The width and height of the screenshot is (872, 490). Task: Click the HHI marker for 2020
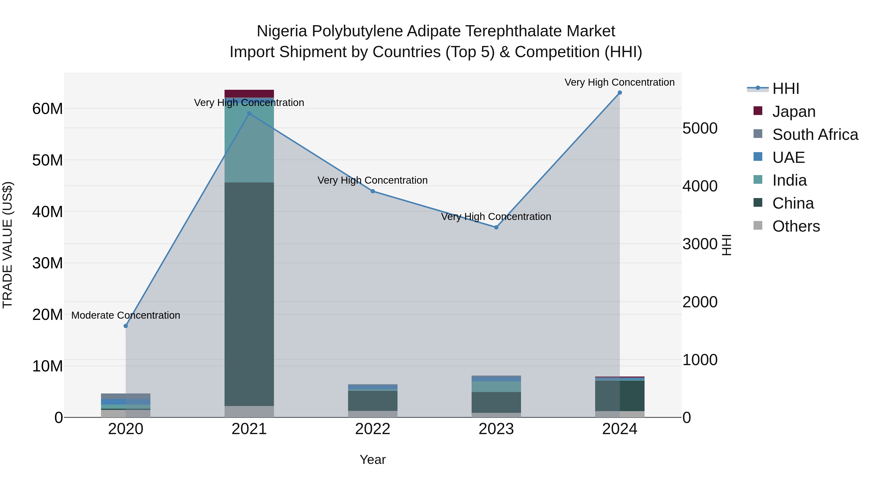tap(125, 326)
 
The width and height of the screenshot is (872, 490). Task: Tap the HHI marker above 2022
tap(373, 191)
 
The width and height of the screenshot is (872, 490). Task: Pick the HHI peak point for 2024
tap(620, 93)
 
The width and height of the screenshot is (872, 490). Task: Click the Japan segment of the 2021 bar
tap(249, 94)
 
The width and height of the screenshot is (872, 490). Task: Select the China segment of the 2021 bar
tap(249, 294)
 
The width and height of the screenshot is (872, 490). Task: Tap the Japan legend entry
tap(794, 112)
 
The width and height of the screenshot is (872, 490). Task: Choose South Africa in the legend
tap(815, 135)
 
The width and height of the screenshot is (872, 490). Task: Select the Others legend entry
tap(796, 226)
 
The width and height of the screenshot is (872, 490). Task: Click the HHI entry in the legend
tap(786, 89)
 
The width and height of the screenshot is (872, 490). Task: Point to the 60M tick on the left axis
tap(47, 109)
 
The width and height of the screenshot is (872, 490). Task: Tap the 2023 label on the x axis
tap(496, 429)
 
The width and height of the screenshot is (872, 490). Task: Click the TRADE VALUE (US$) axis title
tap(8, 245)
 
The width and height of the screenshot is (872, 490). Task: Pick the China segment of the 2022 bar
tap(373, 401)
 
